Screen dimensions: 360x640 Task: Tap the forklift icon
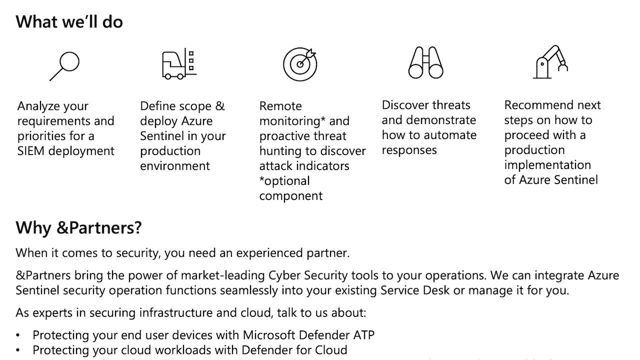pyautogui.click(x=178, y=64)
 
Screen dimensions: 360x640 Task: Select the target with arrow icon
pyautogui.click(x=300, y=64)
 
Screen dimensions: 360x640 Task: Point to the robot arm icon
pyautogui.click(x=550, y=62)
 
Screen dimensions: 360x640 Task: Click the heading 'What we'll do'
pyautogui.click(x=69, y=22)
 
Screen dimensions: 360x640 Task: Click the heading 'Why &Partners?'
pyautogui.click(x=78, y=227)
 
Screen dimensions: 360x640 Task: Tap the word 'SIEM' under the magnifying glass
pyautogui.click(x=31, y=151)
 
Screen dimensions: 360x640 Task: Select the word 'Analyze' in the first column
pyautogui.click(x=38, y=106)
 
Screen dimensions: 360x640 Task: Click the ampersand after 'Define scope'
pyautogui.click(x=220, y=106)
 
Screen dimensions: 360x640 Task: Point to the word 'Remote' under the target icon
pyautogui.click(x=280, y=106)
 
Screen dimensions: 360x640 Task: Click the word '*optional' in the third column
pyautogui.click(x=284, y=181)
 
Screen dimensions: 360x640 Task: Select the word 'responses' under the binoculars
pyautogui.click(x=409, y=150)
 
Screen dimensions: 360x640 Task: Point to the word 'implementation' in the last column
pyautogui.click(x=547, y=165)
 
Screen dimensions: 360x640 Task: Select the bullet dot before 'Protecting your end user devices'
pyautogui.click(x=18, y=335)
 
